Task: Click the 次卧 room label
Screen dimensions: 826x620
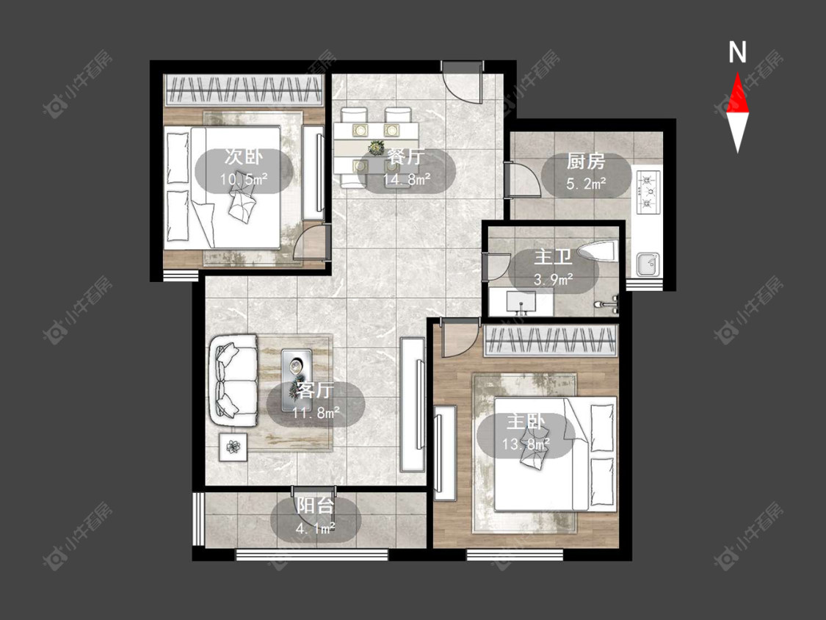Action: point(243,157)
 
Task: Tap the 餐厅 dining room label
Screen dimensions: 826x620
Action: point(405,157)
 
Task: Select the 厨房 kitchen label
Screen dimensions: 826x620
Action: point(586,162)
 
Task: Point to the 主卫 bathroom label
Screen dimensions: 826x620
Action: point(553,257)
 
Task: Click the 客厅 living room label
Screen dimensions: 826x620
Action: point(315,390)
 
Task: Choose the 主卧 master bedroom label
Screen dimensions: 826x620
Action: point(526,422)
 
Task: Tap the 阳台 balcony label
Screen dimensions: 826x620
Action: point(315,505)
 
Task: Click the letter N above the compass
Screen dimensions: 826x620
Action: point(737,52)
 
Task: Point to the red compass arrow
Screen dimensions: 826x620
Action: point(737,93)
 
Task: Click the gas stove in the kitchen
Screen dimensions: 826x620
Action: point(648,192)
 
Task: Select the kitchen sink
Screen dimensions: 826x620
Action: point(648,264)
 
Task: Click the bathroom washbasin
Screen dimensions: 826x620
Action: point(521,302)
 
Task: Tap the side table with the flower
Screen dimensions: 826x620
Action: point(233,447)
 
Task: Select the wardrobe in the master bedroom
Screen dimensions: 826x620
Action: point(551,341)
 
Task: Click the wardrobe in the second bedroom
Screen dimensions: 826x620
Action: point(243,90)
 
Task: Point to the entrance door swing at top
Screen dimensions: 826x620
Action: point(462,83)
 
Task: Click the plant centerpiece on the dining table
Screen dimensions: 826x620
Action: point(376,148)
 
